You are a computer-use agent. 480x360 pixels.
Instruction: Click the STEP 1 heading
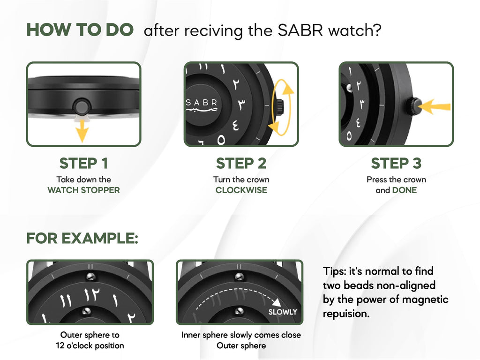coord(83,164)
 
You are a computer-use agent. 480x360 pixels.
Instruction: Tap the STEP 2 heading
coord(241,164)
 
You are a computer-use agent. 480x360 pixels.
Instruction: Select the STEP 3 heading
coord(396,164)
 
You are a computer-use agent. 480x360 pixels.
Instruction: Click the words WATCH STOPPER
coord(83,190)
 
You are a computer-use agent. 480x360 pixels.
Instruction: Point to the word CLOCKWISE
coord(241,190)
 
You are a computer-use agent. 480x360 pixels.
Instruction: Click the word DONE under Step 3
coord(404,190)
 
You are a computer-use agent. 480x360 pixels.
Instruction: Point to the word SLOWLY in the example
coord(283,312)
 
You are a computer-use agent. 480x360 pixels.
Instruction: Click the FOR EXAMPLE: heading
coord(82,238)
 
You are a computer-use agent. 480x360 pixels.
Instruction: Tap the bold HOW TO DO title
coord(80,30)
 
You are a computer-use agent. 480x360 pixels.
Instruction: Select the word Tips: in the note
coord(336,271)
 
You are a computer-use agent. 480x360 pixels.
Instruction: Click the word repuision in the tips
coord(346,314)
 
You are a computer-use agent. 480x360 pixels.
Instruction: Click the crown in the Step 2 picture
coord(279,105)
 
